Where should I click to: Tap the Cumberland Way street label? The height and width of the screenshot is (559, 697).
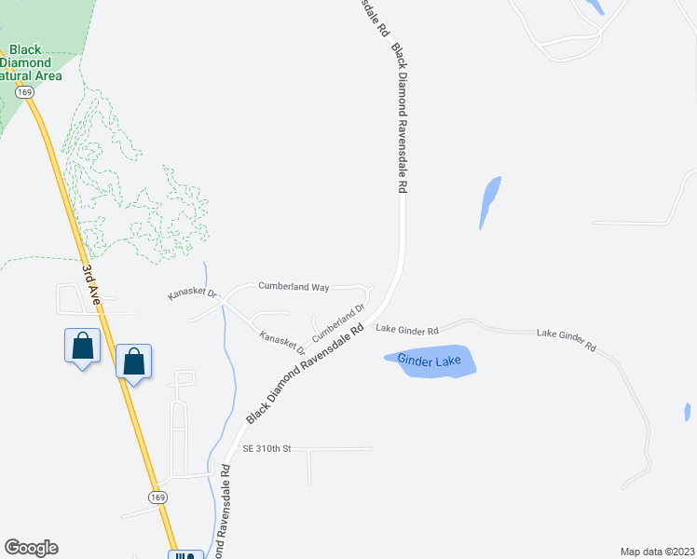click(294, 287)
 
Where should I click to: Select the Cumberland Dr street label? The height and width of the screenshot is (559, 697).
click(337, 321)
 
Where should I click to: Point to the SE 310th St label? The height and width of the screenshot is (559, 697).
click(267, 448)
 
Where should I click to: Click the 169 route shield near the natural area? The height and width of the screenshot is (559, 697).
click(25, 92)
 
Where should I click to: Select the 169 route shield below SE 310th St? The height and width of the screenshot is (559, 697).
click(157, 498)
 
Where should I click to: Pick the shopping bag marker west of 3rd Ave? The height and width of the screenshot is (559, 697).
click(83, 347)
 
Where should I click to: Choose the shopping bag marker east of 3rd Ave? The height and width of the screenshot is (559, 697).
click(134, 361)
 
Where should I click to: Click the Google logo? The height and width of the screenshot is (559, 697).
click(31, 548)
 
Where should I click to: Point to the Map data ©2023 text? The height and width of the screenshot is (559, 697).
click(656, 551)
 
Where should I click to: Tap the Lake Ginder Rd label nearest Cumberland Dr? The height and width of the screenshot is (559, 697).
click(407, 330)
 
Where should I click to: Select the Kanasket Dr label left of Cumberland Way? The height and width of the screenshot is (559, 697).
click(192, 293)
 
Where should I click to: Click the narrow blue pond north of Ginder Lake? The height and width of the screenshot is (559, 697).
click(489, 200)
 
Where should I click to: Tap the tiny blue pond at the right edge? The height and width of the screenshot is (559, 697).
click(687, 411)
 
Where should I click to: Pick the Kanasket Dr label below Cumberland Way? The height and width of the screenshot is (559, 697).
click(281, 342)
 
